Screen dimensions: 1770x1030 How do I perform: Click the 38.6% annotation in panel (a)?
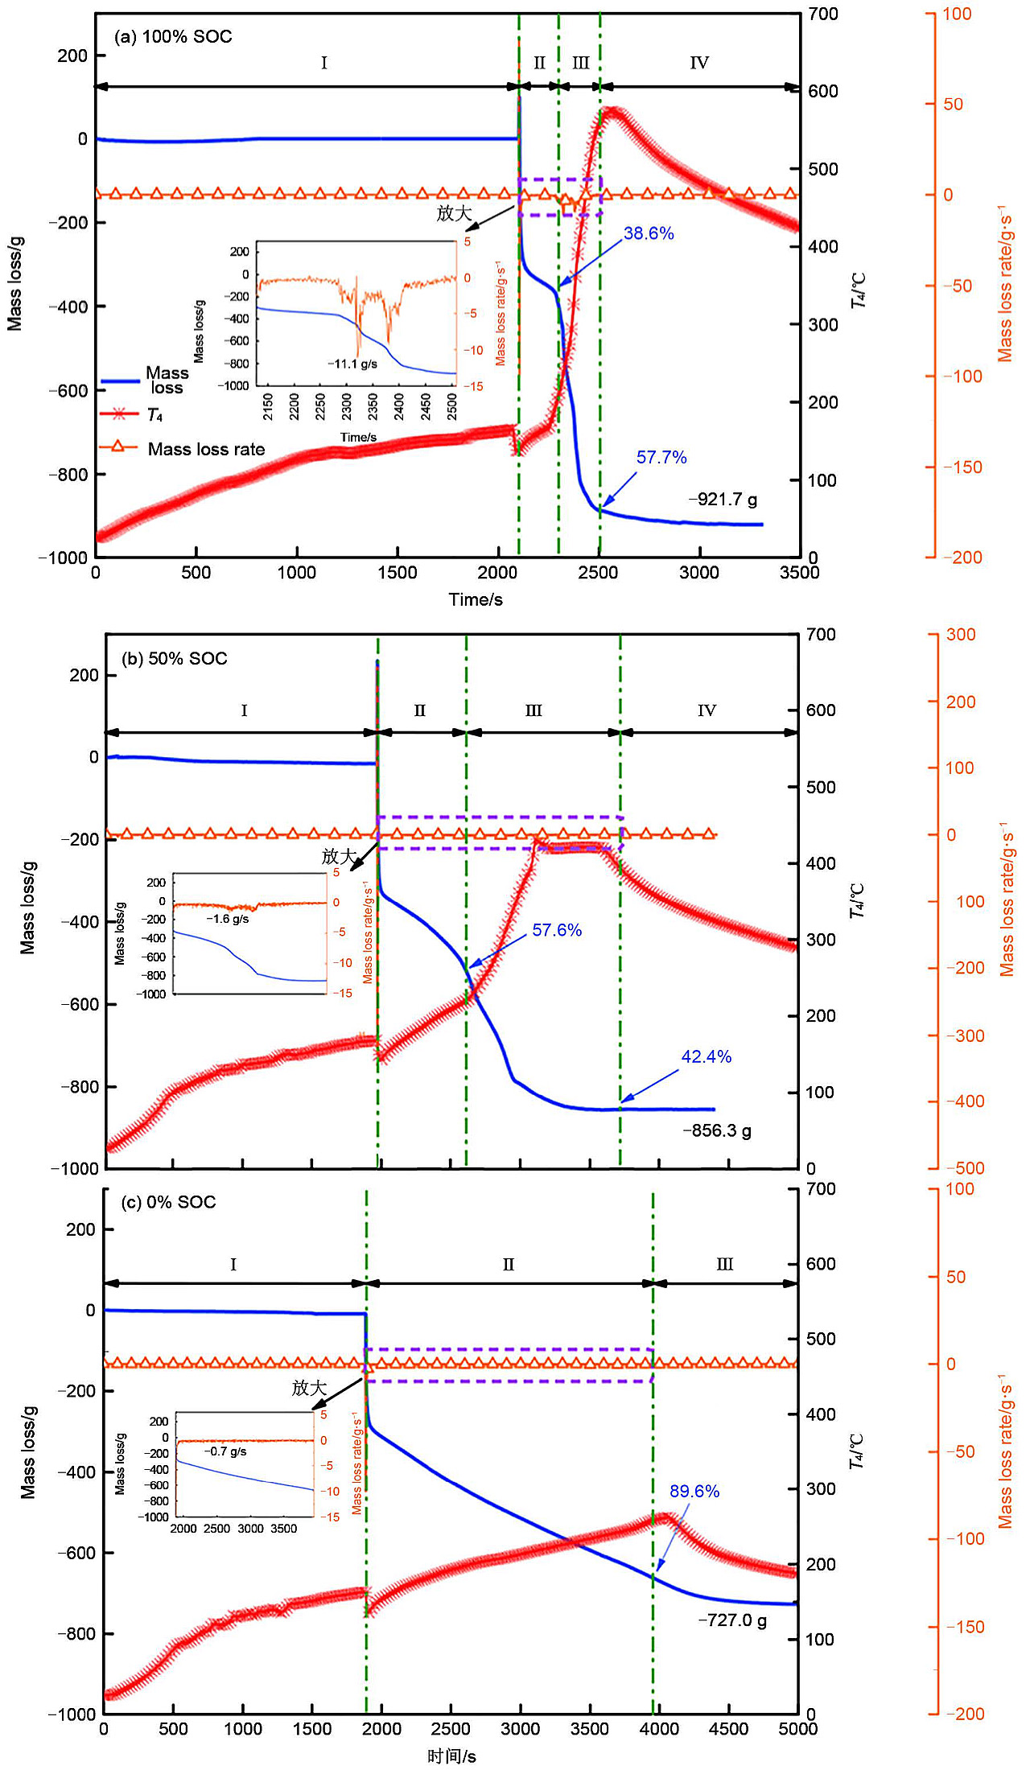649,234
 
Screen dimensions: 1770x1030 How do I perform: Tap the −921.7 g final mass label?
723,500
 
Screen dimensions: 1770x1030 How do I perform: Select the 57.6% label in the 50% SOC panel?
557,931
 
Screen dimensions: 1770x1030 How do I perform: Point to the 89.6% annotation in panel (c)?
694,1492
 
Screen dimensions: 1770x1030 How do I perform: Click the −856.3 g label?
717,1131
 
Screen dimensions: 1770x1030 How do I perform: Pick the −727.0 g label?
732,1620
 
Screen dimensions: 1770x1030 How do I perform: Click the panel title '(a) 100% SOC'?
173,37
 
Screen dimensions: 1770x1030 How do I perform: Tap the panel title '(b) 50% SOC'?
175,659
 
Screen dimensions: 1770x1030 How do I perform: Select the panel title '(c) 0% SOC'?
168,1203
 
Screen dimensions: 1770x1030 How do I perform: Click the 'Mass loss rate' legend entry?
206,450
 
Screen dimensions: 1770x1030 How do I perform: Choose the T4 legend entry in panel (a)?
154,415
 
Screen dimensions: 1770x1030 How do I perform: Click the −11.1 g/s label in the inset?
352,364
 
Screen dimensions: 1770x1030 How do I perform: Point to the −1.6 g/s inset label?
228,920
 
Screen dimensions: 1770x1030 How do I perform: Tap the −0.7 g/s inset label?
225,1452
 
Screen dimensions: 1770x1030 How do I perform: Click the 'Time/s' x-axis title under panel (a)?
476,599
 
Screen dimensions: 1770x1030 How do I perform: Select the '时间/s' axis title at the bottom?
451,1756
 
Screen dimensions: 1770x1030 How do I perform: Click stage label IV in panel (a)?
699,63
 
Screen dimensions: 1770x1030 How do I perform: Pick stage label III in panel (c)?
724,1265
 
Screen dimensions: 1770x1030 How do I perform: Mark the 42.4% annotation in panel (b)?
707,1057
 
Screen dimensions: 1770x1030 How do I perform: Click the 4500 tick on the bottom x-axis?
728,1729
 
